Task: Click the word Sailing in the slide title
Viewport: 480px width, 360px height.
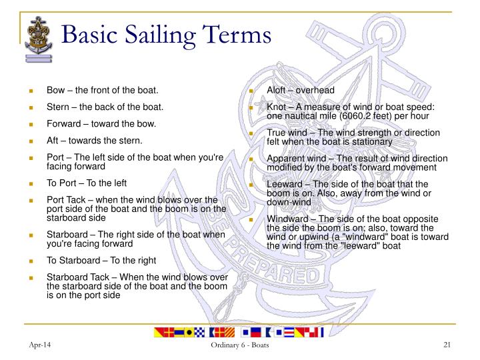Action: [171, 34]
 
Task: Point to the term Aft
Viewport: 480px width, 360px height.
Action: [53, 141]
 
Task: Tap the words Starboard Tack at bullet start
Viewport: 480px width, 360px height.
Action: [75, 277]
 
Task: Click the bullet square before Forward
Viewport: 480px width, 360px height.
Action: [30, 124]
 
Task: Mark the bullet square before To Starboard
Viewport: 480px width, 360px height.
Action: [30, 261]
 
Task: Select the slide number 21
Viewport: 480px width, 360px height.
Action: [448, 344]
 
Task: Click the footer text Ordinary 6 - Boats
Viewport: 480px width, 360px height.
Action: [240, 344]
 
